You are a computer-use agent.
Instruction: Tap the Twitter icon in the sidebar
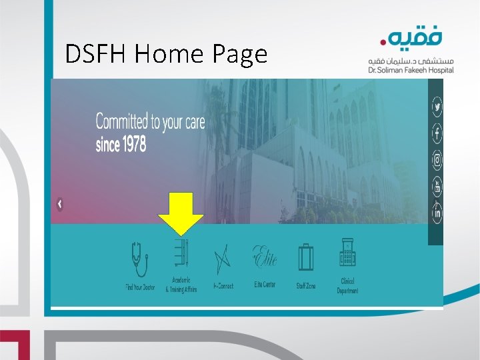coord(437,106)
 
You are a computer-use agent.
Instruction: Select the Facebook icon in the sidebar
coord(437,133)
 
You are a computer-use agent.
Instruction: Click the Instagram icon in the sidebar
coord(437,160)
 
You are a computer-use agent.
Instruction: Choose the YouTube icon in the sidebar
coord(437,187)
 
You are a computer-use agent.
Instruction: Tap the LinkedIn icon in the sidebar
coord(437,214)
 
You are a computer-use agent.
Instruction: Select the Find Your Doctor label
coord(139,287)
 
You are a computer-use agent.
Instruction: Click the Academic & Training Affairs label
coord(181,285)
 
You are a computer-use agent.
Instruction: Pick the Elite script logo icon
coord(264,256)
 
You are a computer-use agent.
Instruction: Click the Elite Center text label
coord(265,285)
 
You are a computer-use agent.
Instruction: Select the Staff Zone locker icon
coord(306,257)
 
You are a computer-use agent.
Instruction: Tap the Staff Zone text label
coord(307,286)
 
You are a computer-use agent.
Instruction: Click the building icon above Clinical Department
coord(347,254)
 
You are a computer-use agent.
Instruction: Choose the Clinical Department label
coord(348,286)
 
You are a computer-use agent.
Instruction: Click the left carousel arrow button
coord(60,205)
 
